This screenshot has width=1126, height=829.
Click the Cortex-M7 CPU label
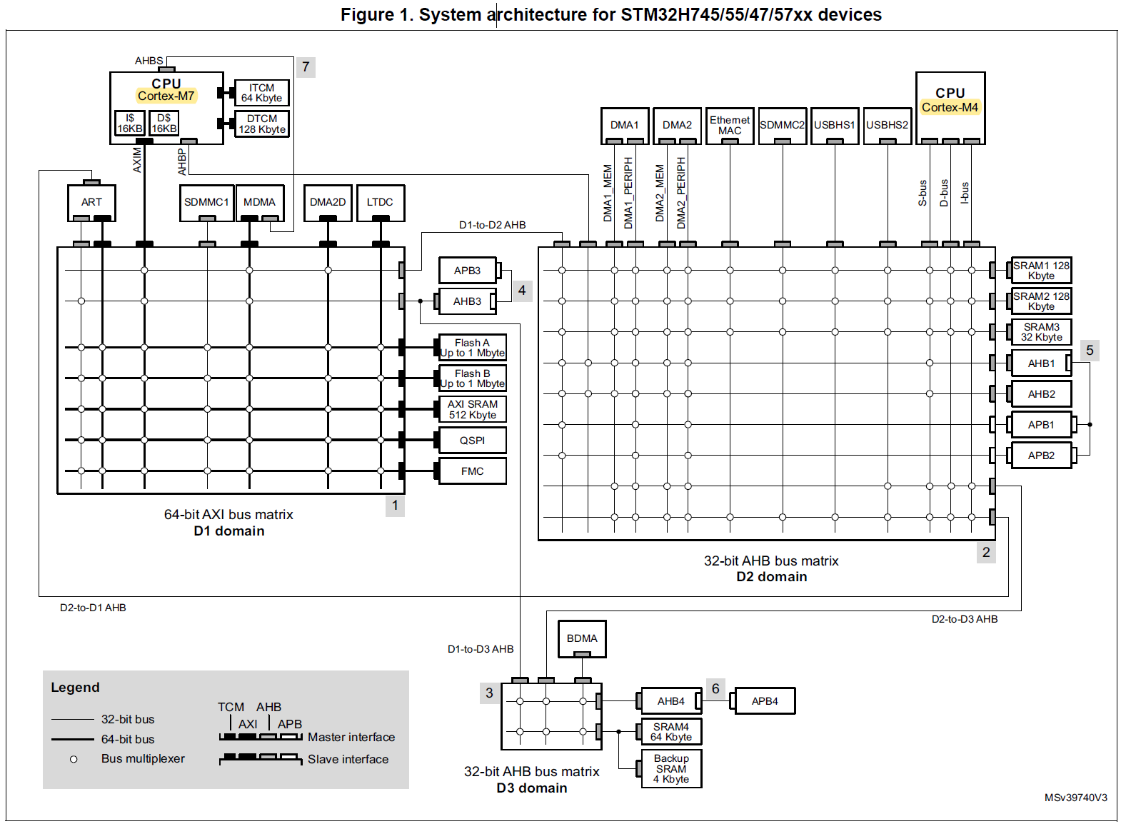[166, 96]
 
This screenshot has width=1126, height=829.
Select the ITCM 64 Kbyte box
[261, 93]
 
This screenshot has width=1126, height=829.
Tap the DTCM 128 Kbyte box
[262, 124]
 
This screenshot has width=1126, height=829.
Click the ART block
[91, 202]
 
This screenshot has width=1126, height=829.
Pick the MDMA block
[259, 202]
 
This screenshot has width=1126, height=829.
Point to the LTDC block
[380, 202]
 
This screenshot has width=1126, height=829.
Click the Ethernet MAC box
[730, 125]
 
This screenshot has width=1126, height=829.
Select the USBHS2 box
[888, 125]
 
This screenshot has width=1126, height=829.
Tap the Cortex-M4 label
[950, 107]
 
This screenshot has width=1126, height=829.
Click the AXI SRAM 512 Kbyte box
[473, 409]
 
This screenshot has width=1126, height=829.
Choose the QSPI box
[473, 441]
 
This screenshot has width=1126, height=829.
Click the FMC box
[473, 471]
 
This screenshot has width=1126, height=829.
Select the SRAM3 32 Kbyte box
[1041, 332]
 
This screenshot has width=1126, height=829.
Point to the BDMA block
[582, 638]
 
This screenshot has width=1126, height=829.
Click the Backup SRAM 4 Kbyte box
[671, 768]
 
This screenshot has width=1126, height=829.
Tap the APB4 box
[765, 701]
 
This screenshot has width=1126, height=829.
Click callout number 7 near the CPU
[306, 67]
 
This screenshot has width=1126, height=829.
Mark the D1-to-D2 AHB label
[492, 225]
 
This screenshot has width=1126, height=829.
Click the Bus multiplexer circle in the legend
[74, 759]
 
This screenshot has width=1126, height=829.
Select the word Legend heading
[75, 688]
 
